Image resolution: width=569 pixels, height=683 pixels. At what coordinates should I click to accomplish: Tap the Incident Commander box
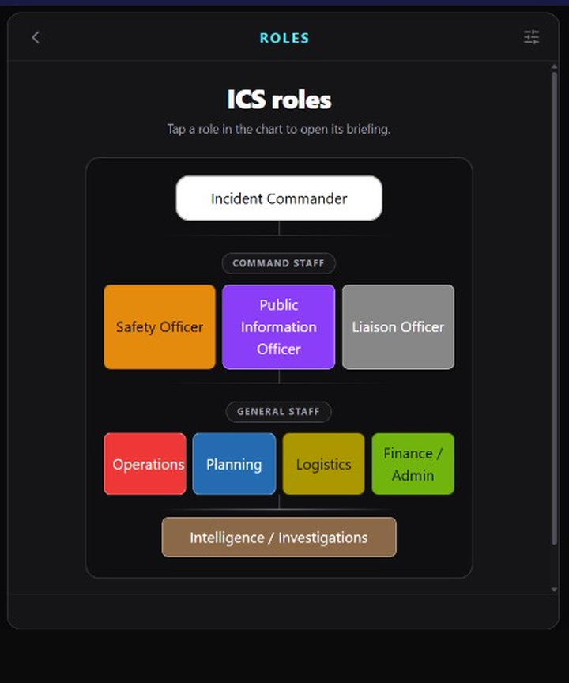pyautogui.click(x=279, y=198)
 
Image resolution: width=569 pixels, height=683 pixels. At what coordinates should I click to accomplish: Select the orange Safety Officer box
pyautogui.click(x=160, y=326)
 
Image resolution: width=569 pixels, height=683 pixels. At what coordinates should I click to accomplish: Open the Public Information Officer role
pyautogui.click(x=279, y=326)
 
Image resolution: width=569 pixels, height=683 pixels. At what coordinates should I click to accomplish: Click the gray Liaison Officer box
pyautogui.click(x=398, y=326)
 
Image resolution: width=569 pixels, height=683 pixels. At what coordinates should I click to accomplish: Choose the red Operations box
pyautogui.click(x=145, y=464)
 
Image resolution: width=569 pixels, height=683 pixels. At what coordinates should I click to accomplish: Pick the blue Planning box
pyautogui.click(x=234, y=464)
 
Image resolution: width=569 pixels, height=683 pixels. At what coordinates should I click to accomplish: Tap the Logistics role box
pyautogui.click(x=323, y=464)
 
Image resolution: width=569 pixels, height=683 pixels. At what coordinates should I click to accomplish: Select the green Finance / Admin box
pyautogui.click(x=413, y=464)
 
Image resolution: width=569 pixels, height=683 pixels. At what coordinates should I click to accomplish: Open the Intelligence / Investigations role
pyautogui.click(x=279, y=537)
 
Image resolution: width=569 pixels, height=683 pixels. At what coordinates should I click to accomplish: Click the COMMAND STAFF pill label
pyautogui.click(x=279, y=263)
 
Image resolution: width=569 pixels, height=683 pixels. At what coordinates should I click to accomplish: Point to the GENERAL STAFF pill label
pyautogui.click(x=279, y=412)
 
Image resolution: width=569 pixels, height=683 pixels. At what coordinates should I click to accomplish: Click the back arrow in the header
pyautogui.click(x=36, y=37)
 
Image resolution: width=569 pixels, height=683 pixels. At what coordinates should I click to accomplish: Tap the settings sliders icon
pyautogui.click(x=531, y=37)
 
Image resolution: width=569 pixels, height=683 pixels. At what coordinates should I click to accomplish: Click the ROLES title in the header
pyautogui.click(x=284, y=38)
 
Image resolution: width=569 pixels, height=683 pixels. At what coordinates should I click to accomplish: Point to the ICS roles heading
pyautogui.click(x=279, y=100)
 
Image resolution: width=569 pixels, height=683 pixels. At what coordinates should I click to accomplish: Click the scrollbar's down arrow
pyautogui.click(x=554, y=590)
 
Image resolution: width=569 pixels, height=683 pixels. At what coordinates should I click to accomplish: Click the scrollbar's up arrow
pyautogui.click(x=554, y=66)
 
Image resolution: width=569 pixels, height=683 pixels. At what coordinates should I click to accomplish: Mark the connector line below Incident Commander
pyautogui.click(x=279, y=228)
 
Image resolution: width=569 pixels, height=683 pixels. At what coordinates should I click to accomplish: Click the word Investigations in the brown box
pyautogui.click(x=323, y=538)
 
